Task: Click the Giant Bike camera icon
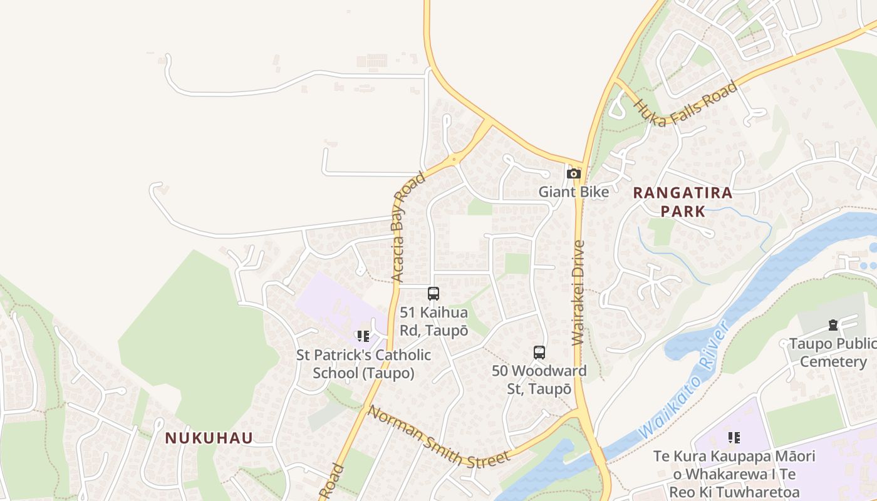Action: point(574,174)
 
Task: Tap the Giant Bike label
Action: point(574,192)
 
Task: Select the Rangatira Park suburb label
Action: point(683,202)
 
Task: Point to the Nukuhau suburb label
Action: point(209,438)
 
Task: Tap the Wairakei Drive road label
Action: point(578,292)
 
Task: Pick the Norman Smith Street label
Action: point(438,437)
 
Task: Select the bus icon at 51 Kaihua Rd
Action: point(433,293)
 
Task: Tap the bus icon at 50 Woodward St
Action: point(539,352)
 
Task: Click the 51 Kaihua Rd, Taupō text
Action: point(434,321)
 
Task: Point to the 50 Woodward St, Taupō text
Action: point(539,380)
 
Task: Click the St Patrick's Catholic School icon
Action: point(363,336)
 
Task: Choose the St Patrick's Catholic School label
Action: point(364,364)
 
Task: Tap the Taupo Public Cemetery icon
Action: point(833,324)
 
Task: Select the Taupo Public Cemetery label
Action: point(833,353)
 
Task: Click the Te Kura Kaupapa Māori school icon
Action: point(734,437)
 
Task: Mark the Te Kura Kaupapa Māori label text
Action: point(734,474)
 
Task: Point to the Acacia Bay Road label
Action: point(408,227)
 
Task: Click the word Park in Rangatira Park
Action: point(683,211)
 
